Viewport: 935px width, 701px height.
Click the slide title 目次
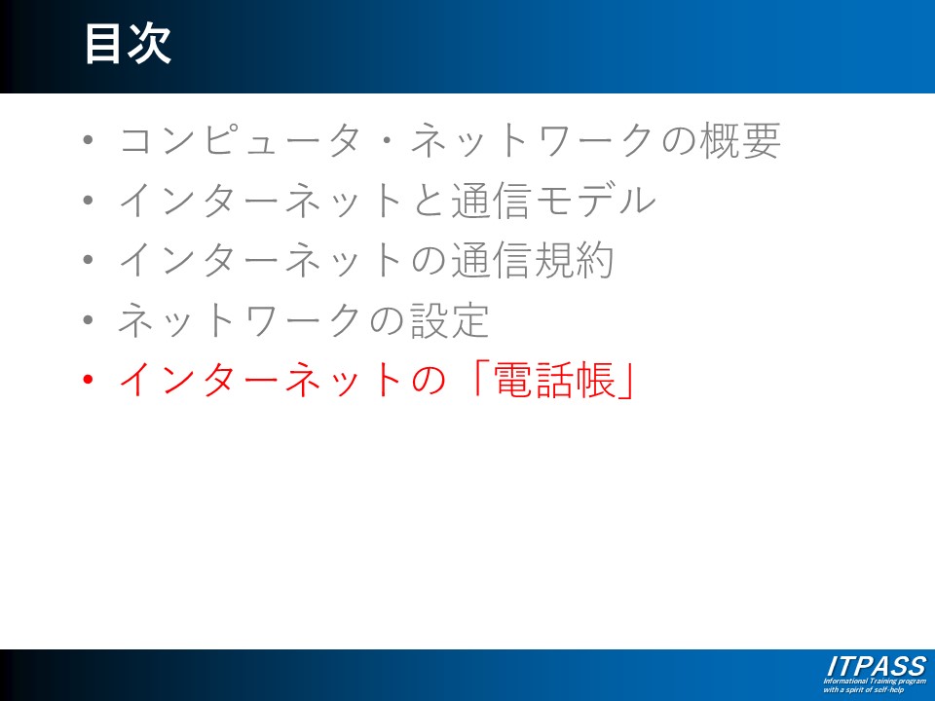(128, 44)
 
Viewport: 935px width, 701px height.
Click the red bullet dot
(89, 380)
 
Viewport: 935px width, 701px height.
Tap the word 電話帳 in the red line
(554, 380)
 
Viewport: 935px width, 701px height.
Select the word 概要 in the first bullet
(739, 140)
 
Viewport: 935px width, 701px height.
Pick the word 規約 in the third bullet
(574, 260)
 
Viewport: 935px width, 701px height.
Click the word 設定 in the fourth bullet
(450, 320)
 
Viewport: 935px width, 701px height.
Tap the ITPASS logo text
(877, 666)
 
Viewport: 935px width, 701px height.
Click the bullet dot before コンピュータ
(89, 140)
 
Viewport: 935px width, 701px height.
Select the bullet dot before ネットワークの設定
(89, 320)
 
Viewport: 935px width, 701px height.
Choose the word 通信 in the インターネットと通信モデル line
(491, 201)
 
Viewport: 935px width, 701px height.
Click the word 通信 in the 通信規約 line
(491, 260)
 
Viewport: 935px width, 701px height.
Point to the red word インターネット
(261, 380)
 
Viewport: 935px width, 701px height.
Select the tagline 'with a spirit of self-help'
(864, 689)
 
